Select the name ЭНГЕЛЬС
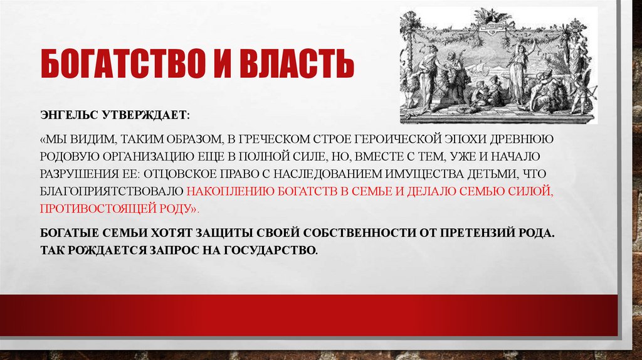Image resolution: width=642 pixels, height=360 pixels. coord(66,117)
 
